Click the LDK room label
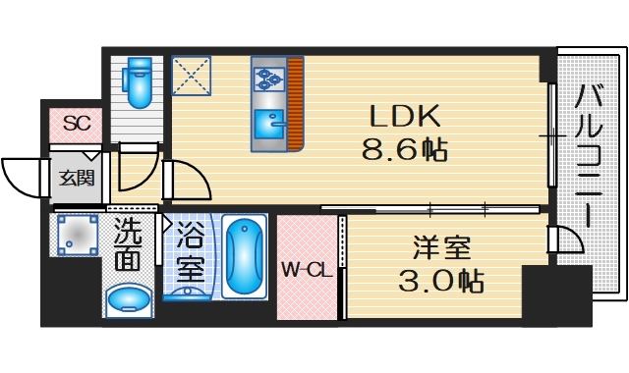pos(404,117)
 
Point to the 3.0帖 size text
pos(440,281)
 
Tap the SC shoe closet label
pos(77,124)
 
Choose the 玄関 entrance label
pos(76,178)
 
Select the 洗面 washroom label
pos(127,245)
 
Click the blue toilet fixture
pos(140,83)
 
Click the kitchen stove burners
pos(268,75)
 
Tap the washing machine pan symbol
pos(76,235)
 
